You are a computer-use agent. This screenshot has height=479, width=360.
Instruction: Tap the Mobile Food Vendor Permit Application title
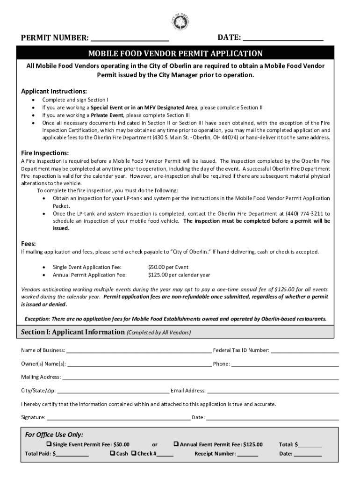[180, 53]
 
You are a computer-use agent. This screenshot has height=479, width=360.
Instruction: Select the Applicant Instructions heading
[54, 91]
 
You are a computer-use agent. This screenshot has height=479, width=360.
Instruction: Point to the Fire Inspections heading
[45, 153]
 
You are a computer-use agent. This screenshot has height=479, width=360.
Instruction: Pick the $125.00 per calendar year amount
[179, 275]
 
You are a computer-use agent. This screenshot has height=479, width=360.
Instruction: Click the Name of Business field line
[139, 351]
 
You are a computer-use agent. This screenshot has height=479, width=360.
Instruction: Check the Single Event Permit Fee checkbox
[49, 444]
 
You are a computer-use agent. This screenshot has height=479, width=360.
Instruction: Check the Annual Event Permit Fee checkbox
[176, 444]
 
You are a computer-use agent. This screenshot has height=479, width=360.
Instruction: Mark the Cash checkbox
[113, 453]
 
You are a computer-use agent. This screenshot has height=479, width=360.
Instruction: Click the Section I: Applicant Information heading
[72, 332]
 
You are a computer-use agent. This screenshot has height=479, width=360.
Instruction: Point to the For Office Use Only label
[54, 435]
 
